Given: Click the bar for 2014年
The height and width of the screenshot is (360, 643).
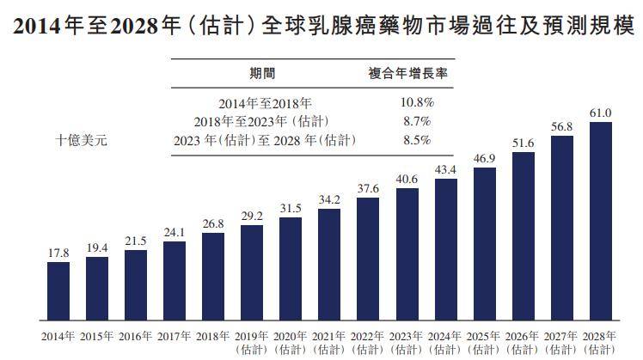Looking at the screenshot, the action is click(58, 291).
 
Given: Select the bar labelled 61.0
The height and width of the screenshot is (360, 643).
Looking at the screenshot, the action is click(600, 221).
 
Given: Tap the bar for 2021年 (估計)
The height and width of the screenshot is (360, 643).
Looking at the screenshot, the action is click(329, 265).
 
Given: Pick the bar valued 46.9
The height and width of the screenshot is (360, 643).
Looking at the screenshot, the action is click(484, 244).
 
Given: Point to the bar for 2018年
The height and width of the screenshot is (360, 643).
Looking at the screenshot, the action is click(213, 277).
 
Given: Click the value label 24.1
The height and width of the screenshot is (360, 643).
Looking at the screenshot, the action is click(175, 233).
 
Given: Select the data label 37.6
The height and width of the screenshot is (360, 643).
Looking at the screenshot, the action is click(368, 189).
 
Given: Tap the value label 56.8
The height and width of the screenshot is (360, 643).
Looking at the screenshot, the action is click(562, 126).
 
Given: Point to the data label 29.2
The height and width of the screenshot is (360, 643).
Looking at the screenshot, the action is click(252, 216).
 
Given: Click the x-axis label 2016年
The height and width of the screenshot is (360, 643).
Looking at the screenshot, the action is click(135, 336).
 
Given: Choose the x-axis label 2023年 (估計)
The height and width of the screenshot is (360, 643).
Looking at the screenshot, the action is click(406, 343).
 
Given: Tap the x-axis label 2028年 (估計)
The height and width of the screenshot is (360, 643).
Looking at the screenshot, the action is click(599, 343).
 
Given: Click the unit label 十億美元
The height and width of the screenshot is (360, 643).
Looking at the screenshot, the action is click(81, 141).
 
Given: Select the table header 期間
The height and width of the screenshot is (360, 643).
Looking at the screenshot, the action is click(262, 74).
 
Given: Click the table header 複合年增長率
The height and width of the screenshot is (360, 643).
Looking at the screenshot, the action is click(407, 74).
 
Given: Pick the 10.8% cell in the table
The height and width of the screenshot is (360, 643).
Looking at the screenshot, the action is click(417, 102).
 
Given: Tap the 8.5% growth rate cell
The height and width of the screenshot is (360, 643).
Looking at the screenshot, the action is click(417, 140).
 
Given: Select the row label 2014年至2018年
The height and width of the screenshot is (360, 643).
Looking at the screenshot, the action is click(265, 103).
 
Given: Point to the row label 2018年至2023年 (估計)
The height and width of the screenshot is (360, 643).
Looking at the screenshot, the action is click(261, 122).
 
